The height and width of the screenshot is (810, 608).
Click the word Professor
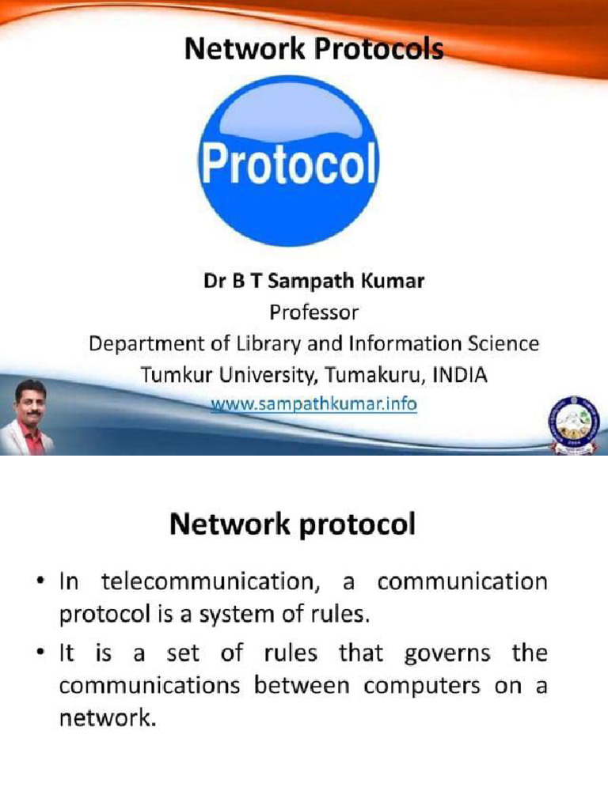pyautogui.click(x=313, y=313)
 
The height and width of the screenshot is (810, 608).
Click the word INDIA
pyautogui.click(x=460, y=375)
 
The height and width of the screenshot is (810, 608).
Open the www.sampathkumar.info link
pyautogui.click(x=313, y=404)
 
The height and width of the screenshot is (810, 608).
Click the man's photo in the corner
pyautogui.click(x=29, y=415)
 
